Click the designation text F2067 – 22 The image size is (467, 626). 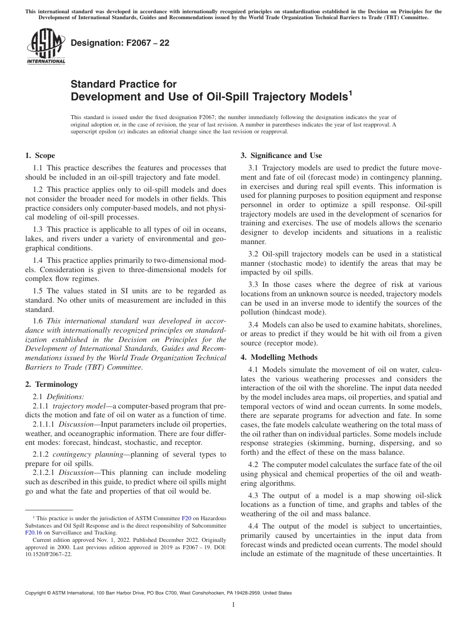[120, 43]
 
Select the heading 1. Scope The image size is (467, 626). [40, 156]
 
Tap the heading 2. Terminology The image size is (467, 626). [52, 384]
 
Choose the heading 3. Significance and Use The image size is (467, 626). [281, 156]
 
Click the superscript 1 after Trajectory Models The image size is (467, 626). [350, 92]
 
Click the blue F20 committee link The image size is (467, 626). [186, 518]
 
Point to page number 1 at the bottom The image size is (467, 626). [233, 605]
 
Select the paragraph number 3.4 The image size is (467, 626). [254, 325]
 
